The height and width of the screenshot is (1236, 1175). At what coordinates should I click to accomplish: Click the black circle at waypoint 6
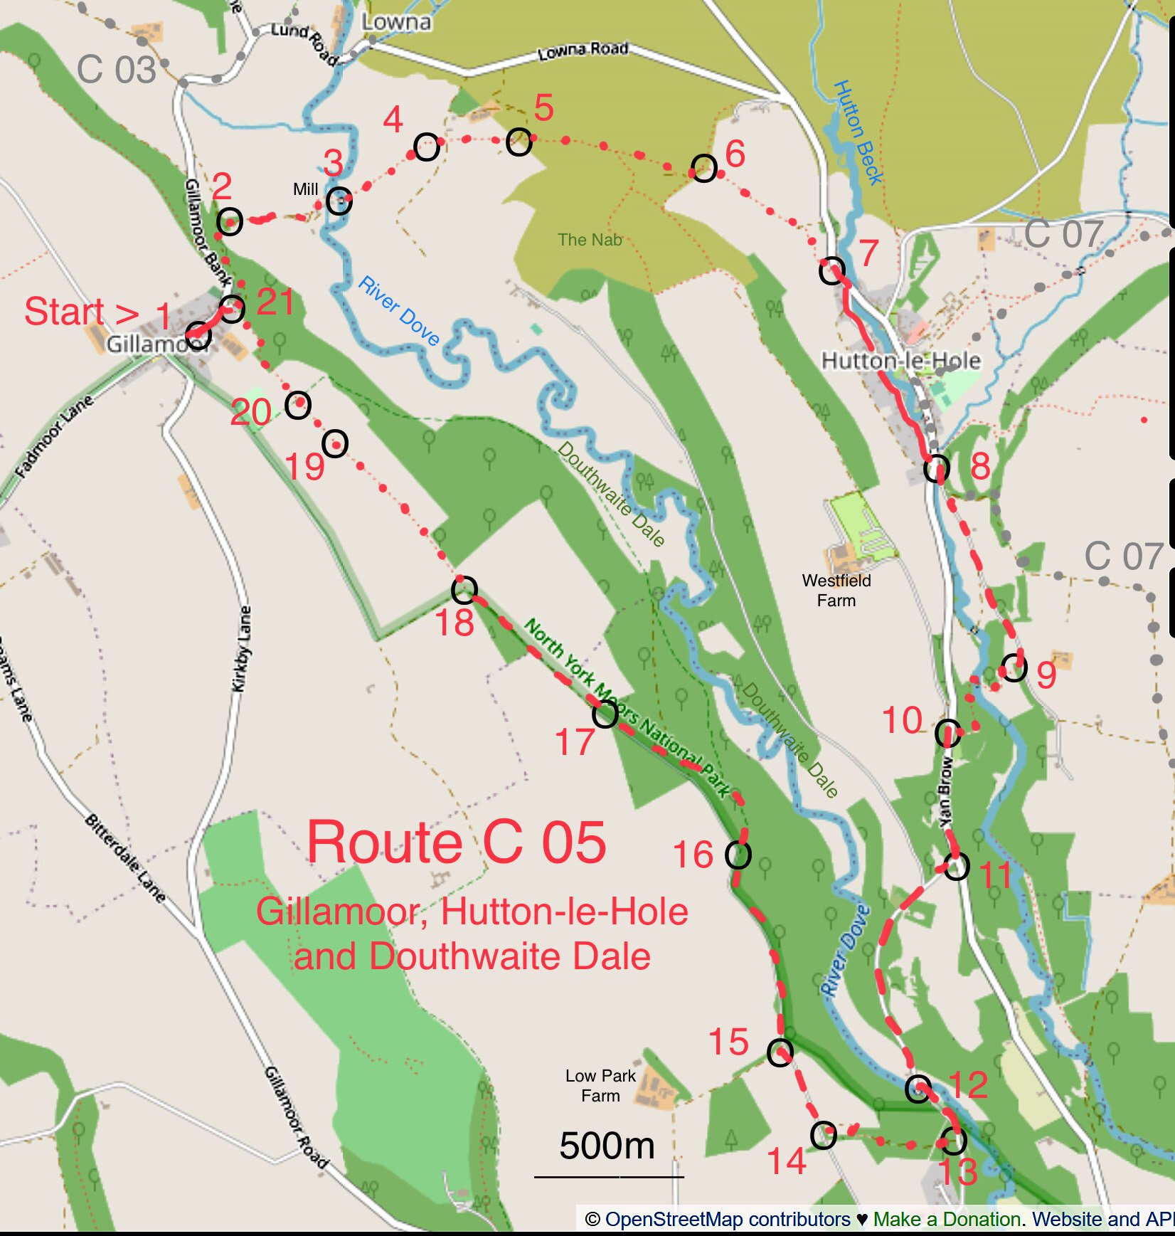[703, 169]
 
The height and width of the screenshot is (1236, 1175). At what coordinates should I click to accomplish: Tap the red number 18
[454, 623]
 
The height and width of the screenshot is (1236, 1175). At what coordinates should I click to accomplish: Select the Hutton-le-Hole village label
[900, 361]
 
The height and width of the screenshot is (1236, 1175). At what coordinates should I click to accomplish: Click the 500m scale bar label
[607, 1146]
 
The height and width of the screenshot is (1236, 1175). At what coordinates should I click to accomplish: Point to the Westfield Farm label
[836, 591]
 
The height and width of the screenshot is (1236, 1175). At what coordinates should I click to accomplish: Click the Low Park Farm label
[600, 1085]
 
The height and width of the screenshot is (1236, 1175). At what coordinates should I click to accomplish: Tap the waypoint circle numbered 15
[780, 1052]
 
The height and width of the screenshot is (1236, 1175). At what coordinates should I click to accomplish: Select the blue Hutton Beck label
[858, 133]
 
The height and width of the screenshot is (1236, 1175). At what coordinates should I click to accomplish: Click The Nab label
[590, 240]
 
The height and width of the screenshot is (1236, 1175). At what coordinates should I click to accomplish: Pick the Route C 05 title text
[457, 843]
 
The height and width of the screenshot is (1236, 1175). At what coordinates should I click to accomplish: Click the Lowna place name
[396, 22]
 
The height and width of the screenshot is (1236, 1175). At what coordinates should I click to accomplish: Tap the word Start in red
[64, 312]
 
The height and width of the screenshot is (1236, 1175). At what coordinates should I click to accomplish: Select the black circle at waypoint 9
[1014, 667]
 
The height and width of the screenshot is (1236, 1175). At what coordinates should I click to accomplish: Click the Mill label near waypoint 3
[306, 189]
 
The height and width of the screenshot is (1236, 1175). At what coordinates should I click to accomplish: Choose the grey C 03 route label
[116, 70]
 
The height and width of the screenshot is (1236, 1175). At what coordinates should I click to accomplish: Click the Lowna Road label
[583, 51]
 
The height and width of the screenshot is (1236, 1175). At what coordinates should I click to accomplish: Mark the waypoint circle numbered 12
[918, 1088]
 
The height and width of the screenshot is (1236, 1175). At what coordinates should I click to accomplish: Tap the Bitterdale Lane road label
[125, 858]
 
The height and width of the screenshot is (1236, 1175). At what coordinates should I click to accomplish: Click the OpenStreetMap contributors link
[727, 1219]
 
